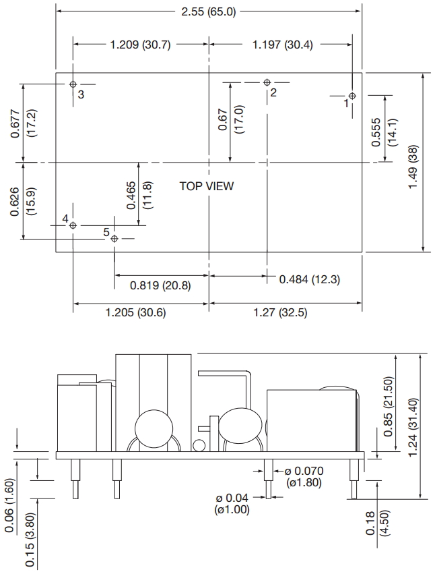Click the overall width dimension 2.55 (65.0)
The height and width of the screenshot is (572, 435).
click(x=209, y=11)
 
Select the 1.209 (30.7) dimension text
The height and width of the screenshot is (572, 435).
click(x=140, y=45)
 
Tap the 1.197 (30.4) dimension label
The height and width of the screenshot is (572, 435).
click(x=282, y=45)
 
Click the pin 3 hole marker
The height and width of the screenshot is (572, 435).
click(x=73, y=84)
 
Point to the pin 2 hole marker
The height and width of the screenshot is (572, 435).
click(x=267, y=82)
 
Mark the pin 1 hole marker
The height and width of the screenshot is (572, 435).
click(x=352, y=96)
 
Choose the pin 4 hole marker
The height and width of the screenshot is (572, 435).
click(x=73, y=225)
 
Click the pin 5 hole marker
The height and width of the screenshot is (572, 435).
click(x=114, y=239)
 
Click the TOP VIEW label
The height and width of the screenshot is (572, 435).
click(x=206, y=186)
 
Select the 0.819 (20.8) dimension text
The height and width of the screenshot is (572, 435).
click(x=160, y=285)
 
